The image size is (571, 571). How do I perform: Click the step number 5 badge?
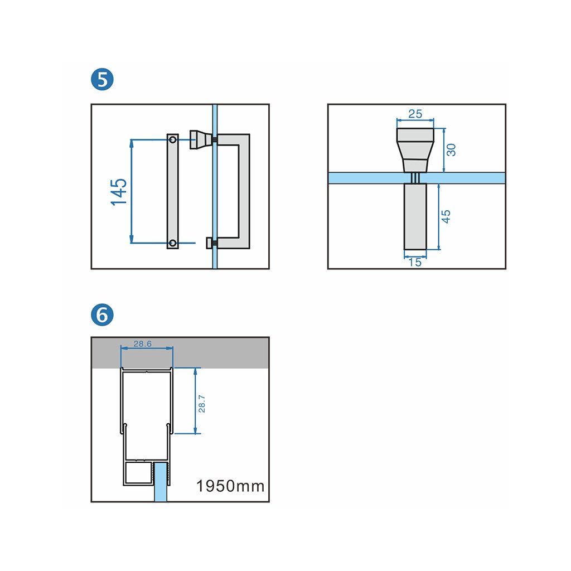tap(101, 80)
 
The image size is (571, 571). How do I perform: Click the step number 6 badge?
tap(101, 315)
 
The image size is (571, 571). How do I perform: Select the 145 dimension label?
tap(119, 192)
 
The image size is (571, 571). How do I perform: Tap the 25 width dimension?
tap(415, 114)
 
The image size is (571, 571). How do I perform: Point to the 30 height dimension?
tap(452, 149)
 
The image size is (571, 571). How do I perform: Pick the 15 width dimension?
tap(415, 262)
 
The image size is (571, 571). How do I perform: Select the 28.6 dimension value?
tap(142, 344)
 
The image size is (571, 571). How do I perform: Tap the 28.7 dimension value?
tap(202, 403)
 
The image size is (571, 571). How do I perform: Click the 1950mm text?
tap(230, 486)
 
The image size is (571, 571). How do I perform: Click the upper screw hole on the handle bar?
tap(173, 139)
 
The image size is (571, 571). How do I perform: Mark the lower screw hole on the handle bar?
tap(173, 243)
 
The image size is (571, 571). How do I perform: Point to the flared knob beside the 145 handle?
tap(199, 139)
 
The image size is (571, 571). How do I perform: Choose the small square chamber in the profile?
tap(137, 474)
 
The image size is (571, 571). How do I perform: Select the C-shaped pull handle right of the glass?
tap(243, 190)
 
